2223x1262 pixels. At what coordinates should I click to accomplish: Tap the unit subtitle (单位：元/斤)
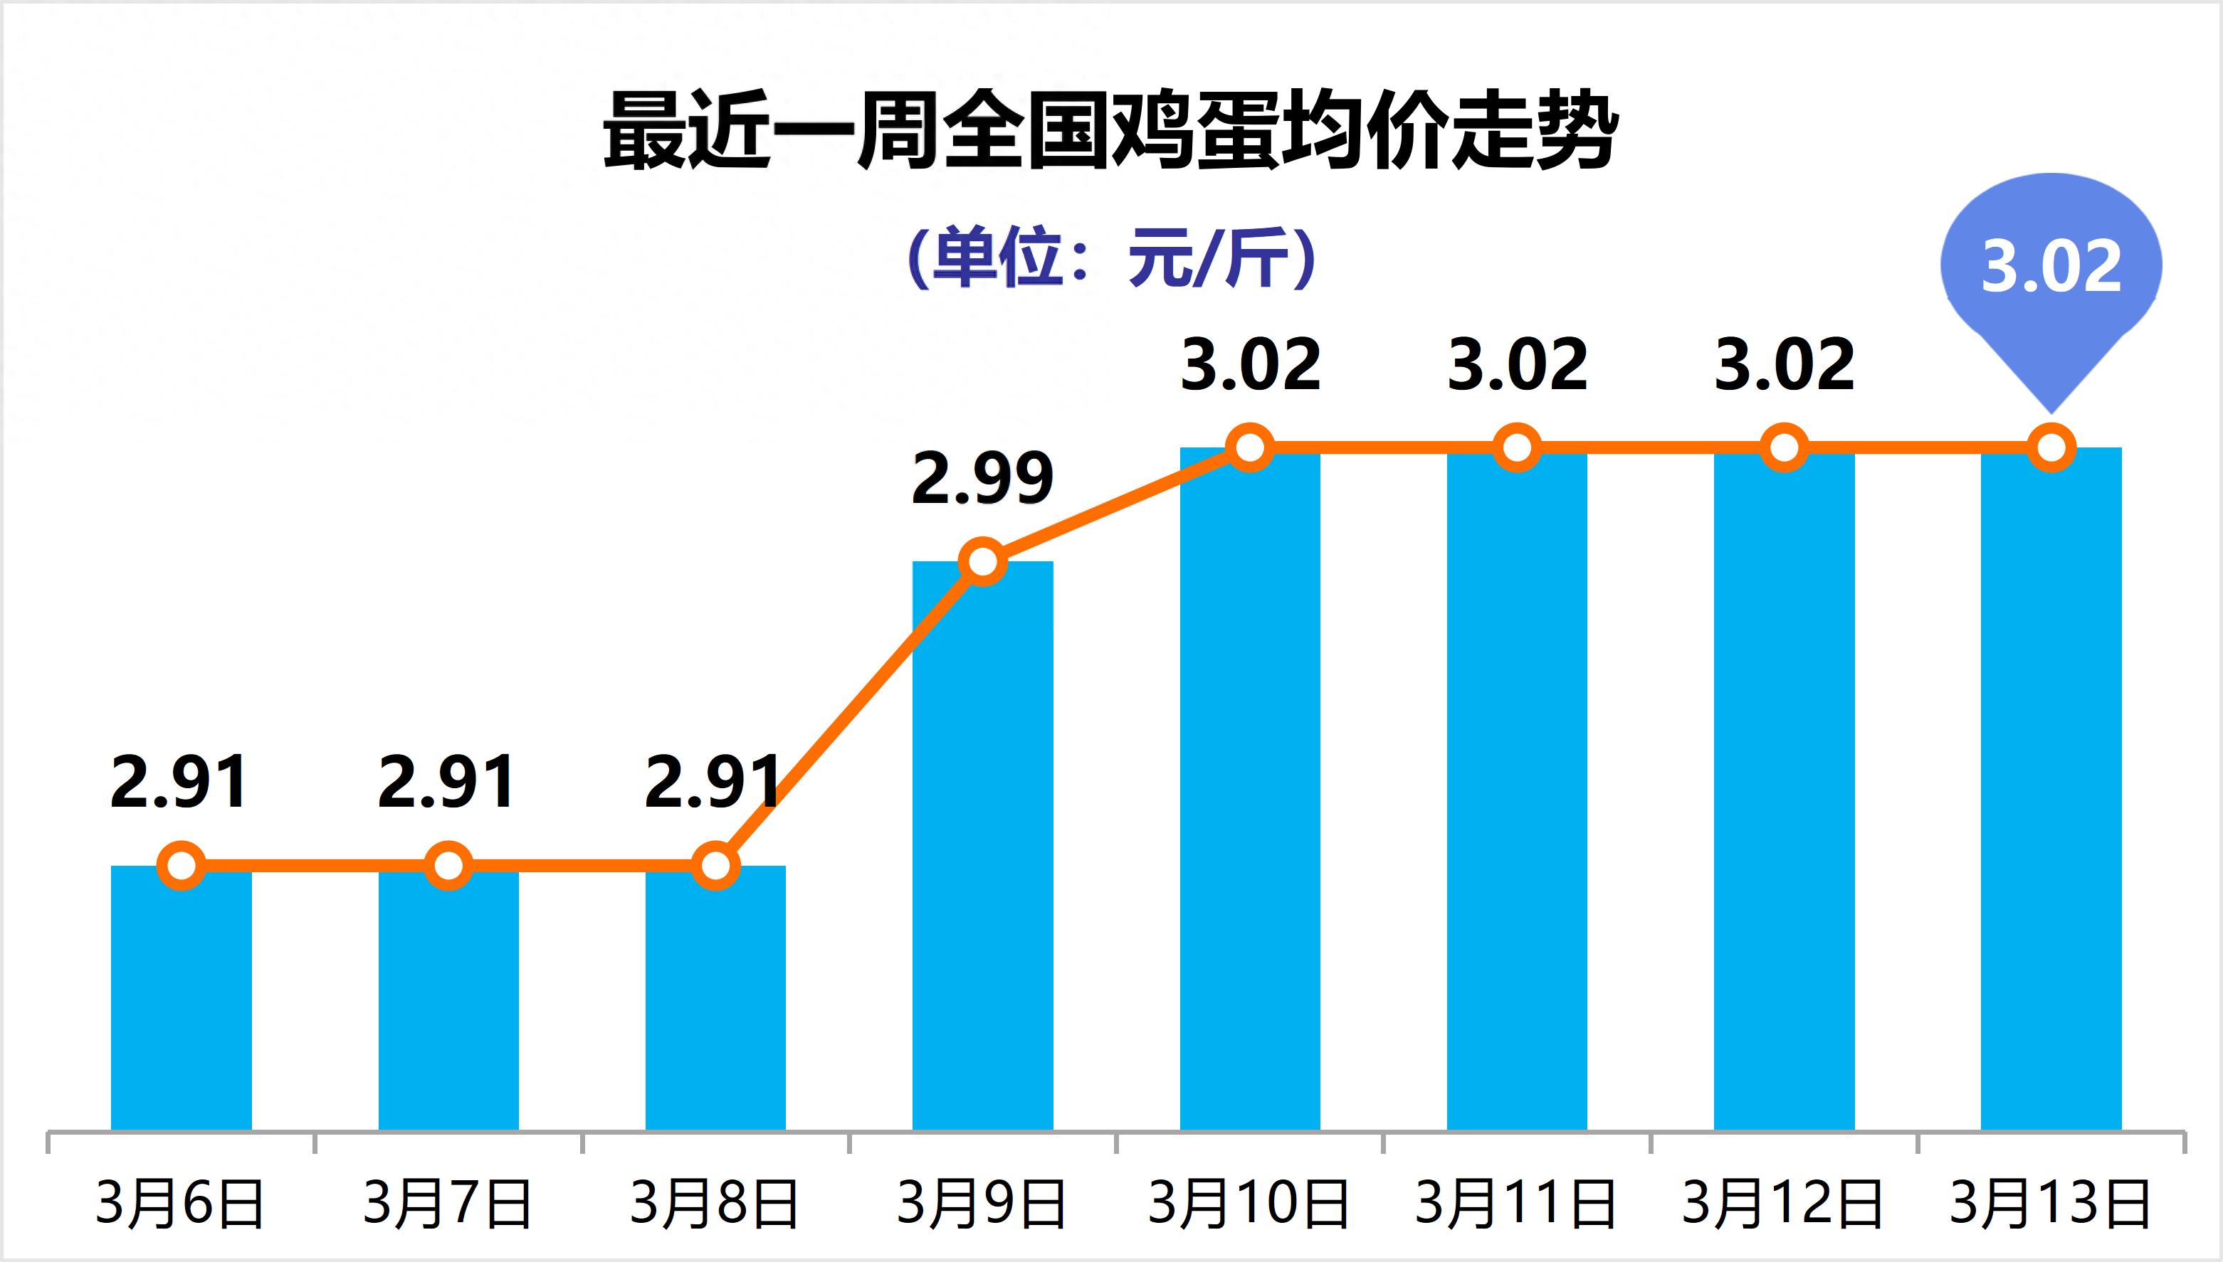tap(1110, 258)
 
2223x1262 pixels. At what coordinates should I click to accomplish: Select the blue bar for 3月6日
tap(182, 997)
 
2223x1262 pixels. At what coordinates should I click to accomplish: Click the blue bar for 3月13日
tap(2051, 789)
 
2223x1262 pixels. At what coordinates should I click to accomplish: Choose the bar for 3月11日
tap(1516, 789)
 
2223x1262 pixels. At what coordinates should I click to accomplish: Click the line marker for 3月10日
tap(1249, 447)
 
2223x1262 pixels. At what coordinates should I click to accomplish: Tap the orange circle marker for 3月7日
tap(448, 865)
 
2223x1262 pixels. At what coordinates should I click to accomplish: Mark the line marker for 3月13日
tap(2051, 448)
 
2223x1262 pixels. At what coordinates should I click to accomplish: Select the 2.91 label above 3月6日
tap(179, 782)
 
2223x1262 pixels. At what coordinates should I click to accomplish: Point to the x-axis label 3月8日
tap(715, 1203)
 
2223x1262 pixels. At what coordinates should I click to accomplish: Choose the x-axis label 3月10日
tap(1249, 1203)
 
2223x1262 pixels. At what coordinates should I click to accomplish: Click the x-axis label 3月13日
tap(2051, 1203)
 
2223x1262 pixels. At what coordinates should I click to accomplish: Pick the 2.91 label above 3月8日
tap(713, 782)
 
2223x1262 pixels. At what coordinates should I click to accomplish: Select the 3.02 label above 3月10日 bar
tap(1250, 364)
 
